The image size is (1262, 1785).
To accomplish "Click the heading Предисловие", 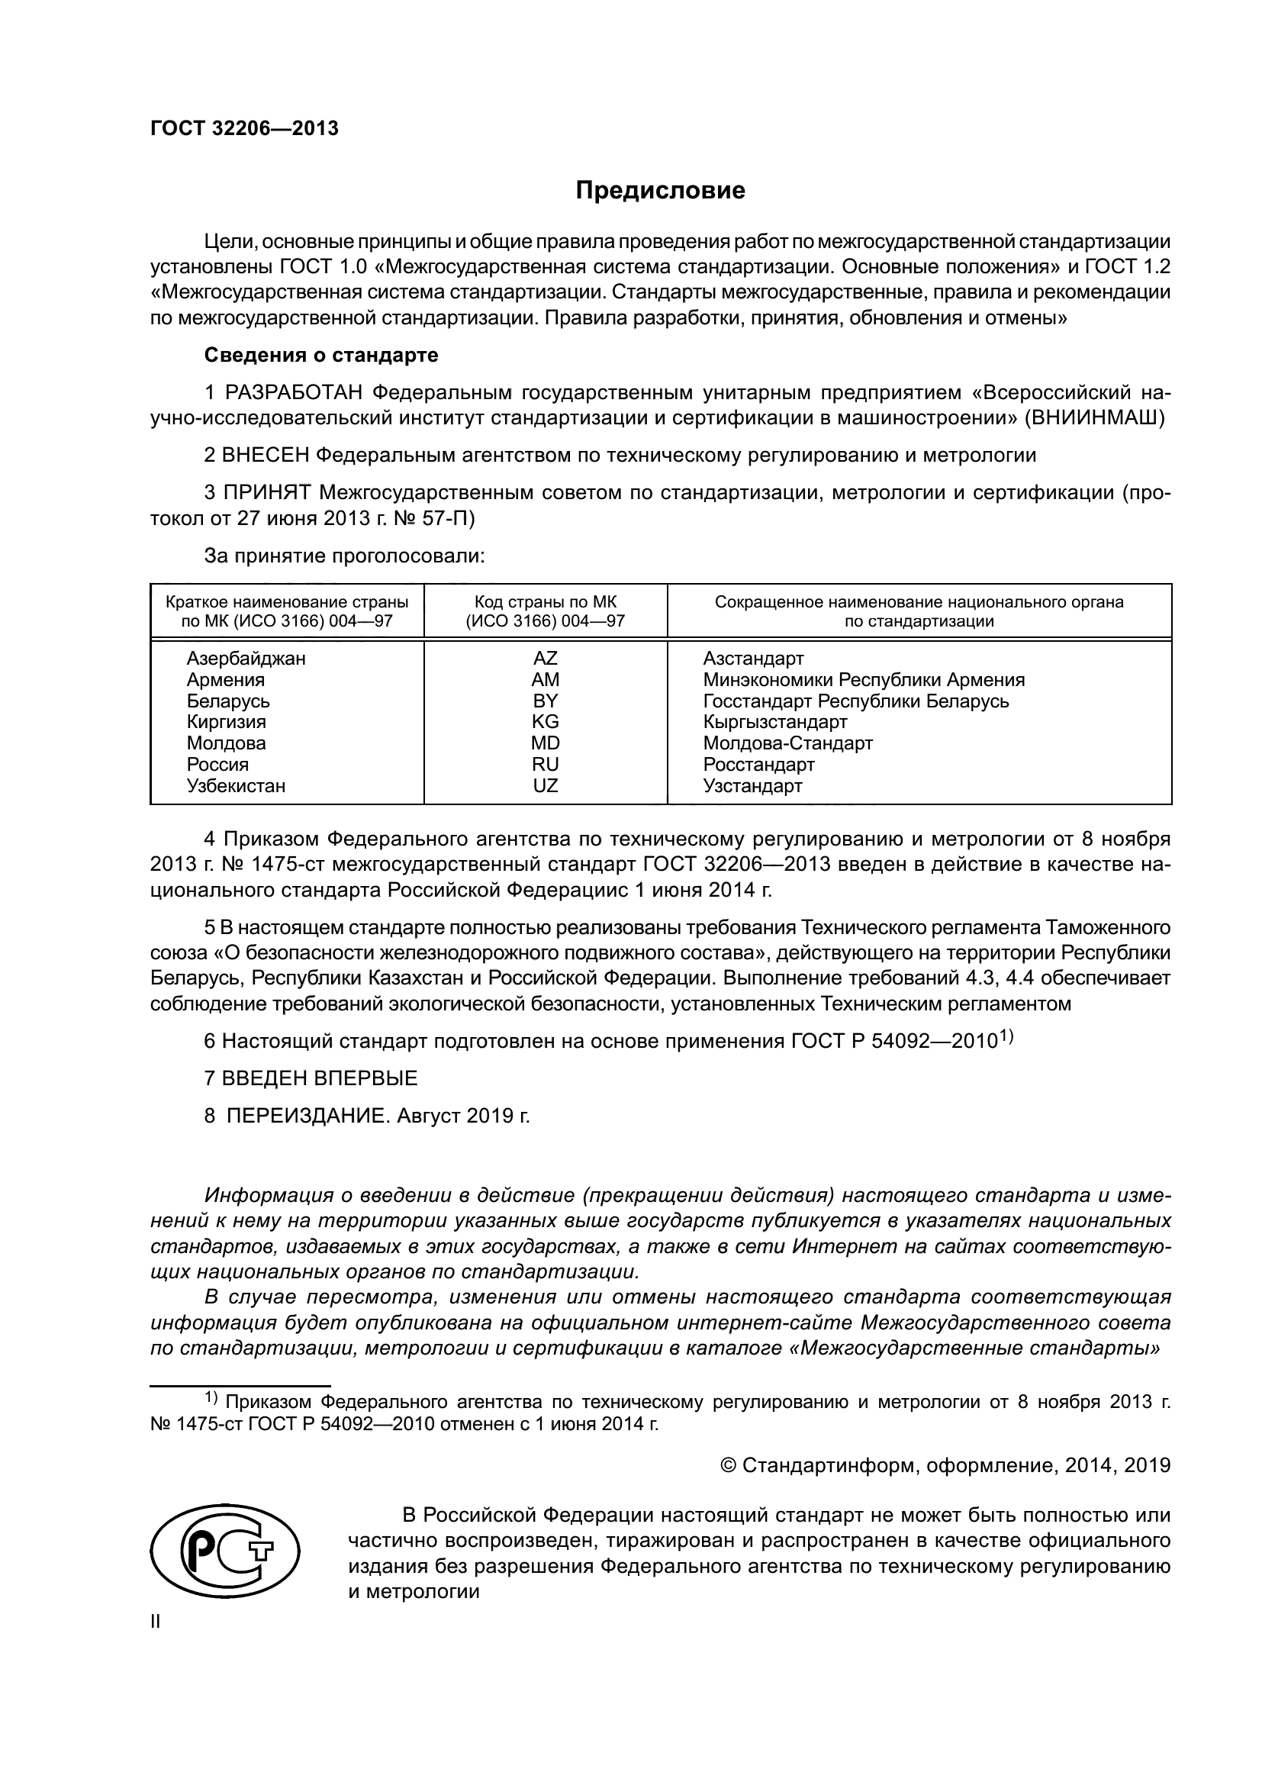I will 660,191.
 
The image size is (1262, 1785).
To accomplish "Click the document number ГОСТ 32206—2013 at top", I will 244,129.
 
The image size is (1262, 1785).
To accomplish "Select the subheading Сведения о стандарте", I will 321,356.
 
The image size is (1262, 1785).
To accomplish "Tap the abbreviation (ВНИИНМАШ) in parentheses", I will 1095,418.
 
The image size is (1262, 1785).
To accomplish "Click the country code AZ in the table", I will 545,659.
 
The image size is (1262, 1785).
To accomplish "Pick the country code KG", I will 545,721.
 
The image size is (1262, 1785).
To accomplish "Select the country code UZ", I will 545,785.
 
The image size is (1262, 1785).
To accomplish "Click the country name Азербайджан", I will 246,659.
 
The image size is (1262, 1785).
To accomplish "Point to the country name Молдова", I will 225,743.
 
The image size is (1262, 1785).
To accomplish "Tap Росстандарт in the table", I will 758,764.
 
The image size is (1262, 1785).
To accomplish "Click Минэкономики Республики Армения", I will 864,679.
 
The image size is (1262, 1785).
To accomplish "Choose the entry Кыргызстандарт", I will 774,721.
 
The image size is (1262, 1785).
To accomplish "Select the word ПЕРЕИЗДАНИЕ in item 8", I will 305,1116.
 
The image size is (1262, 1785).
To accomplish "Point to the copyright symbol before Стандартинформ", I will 728,1465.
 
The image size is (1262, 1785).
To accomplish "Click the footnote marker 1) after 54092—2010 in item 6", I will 1007,1035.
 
